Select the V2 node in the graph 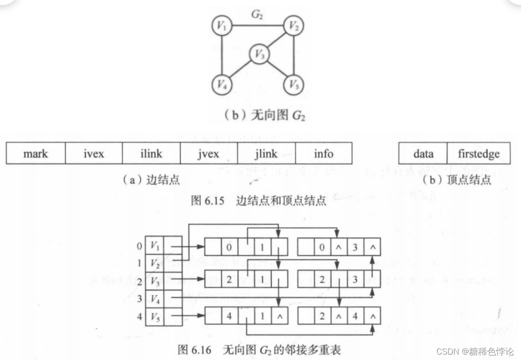coord(294,26)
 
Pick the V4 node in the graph coord(221,85)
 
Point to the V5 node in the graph coord(294,85)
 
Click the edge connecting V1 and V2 coord(257,26)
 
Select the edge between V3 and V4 coord(240,70)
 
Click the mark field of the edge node coord(36,154)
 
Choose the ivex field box coord(94,154)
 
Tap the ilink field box coord(151,154)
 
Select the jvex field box coord(208,154)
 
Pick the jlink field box coord(266,154)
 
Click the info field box coord(323,154)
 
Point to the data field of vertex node coord(423,154)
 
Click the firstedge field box coord(478,154)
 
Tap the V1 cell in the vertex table coord(155,246)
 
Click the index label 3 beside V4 coord(139,298)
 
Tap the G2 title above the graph coord(257,15)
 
